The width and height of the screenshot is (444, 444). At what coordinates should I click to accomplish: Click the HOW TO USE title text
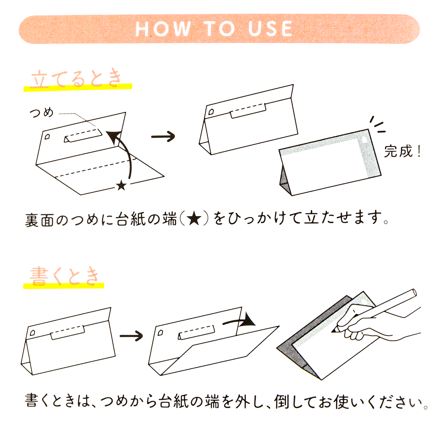pos(214,29)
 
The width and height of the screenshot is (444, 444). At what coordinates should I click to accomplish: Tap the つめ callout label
pos(42,113)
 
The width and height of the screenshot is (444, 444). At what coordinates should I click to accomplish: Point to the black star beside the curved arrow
pos(121,185)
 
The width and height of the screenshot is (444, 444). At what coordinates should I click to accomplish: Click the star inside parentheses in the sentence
pos(194,219)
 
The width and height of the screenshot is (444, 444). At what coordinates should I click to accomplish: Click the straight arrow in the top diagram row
pos(163,137)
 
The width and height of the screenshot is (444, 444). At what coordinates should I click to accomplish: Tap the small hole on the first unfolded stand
pos(47,137)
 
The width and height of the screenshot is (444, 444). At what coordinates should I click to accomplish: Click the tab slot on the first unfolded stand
pos(83,136)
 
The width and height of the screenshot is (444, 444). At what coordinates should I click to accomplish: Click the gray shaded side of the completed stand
pos(284,181)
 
